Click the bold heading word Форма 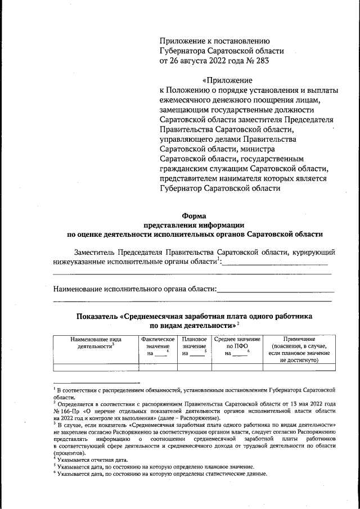tap(195, 215)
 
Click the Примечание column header tap(299, 340)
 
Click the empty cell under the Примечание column tap(299, 368)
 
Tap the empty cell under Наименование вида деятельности tap(96, 368)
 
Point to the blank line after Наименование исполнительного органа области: tap(275, 291)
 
